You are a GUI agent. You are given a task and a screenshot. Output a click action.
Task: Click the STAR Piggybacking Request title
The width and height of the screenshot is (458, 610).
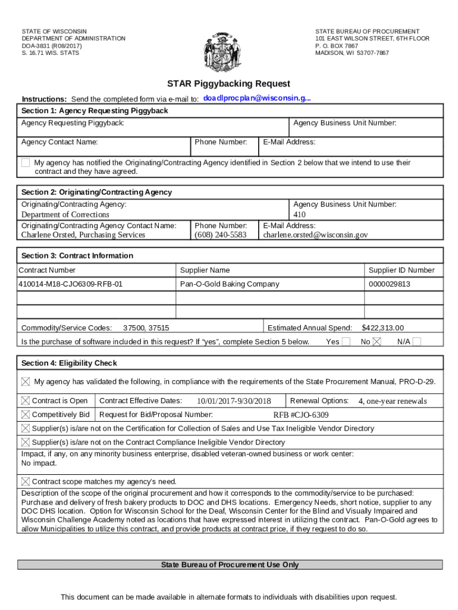228,84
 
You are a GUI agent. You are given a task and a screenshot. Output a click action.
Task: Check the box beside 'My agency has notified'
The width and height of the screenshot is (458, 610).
26,163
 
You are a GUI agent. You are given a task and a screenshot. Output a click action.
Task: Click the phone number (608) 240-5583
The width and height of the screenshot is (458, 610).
220,235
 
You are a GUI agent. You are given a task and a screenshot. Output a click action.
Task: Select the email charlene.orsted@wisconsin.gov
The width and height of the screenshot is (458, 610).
315,235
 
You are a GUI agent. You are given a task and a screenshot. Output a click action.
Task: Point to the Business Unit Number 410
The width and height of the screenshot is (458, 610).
299,214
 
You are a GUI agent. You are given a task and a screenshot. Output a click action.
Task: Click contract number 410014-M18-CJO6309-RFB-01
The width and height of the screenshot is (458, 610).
71,284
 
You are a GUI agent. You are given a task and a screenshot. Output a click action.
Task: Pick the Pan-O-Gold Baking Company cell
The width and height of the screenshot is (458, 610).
230,284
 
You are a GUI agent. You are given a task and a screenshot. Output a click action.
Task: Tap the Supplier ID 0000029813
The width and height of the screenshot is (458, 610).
389,284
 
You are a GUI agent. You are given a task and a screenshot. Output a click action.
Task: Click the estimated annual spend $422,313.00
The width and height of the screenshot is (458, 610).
382,328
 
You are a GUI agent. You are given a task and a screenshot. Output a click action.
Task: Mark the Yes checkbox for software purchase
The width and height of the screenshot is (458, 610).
347,341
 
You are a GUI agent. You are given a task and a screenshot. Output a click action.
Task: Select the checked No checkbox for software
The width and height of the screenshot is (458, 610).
377,341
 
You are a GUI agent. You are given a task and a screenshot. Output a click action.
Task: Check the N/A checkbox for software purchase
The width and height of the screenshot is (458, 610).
417,341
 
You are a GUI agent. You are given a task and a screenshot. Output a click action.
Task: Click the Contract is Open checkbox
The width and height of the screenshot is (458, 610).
26,401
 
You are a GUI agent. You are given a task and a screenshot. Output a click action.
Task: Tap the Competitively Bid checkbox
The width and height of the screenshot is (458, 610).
26,415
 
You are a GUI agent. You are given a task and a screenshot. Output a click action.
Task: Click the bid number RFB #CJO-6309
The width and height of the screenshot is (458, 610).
301,415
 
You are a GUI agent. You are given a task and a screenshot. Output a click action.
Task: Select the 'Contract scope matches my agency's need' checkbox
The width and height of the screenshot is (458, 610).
26,481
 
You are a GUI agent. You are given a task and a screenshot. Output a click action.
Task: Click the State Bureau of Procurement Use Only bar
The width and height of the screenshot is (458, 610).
230,565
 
